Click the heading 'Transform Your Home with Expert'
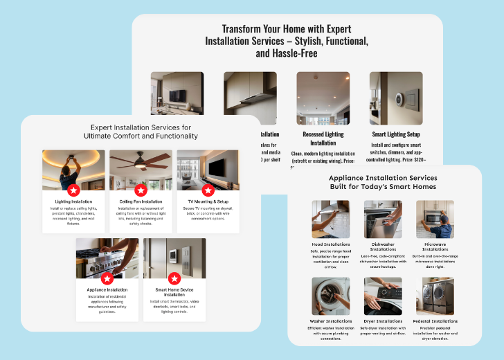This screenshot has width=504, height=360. click(x=286, y=29)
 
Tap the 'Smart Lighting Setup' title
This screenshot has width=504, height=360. click(x=395, y=134)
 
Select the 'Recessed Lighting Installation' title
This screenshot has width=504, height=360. click(x=322, y=138)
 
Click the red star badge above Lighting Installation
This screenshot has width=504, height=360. click(x=73, y=190)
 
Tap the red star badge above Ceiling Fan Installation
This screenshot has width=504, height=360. click(x=141, y=190)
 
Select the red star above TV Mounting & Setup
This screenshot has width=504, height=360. click(x=208, y=190)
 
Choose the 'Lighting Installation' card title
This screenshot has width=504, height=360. click(x=73, y=201)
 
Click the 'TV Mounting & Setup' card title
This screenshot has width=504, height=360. click(x=208, y=201)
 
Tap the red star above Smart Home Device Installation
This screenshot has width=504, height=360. click(x=174, y=278)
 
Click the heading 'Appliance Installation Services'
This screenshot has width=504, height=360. click(x=383, y=178)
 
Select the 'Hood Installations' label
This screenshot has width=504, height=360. click(x=330, y=244)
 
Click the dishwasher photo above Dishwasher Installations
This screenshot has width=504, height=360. click(x=383, y=219)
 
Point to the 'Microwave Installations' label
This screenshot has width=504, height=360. click(x=435, y=247)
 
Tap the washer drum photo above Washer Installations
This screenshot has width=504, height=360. click(x=330, y=296)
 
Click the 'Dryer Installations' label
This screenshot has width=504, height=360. click(x=383, y=321)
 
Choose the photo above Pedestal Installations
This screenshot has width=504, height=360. click(x=435, y=296)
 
